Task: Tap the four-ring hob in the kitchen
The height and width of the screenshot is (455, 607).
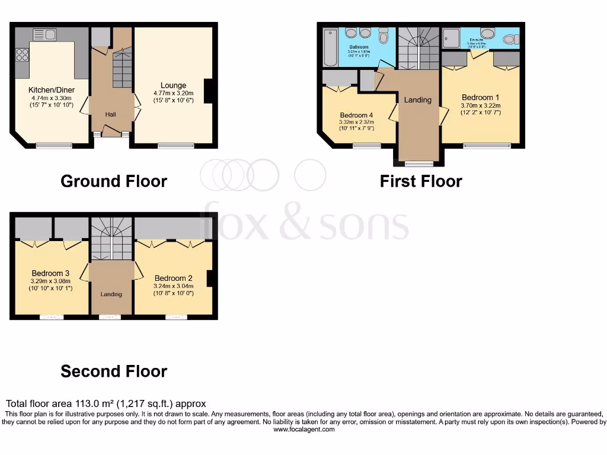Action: tap(23, 55)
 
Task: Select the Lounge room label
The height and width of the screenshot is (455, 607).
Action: tap(173, 85)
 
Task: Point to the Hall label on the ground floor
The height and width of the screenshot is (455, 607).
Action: tap(110, 114)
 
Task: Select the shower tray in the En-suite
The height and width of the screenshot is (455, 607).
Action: tap(453, 38)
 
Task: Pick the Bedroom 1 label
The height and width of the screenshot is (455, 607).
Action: tap(480, 98)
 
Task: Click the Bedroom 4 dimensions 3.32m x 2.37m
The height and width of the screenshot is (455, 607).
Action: tap(357, 122)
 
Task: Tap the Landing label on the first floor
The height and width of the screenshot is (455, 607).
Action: tap(418, 100)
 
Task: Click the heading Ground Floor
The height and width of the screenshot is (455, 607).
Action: tap(114, 181)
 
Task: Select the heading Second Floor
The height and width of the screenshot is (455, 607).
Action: tap(114, 371)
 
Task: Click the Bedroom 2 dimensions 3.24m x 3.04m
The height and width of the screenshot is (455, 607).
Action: tap(173, 286)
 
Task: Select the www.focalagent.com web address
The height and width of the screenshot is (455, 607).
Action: tap(303, 430)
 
